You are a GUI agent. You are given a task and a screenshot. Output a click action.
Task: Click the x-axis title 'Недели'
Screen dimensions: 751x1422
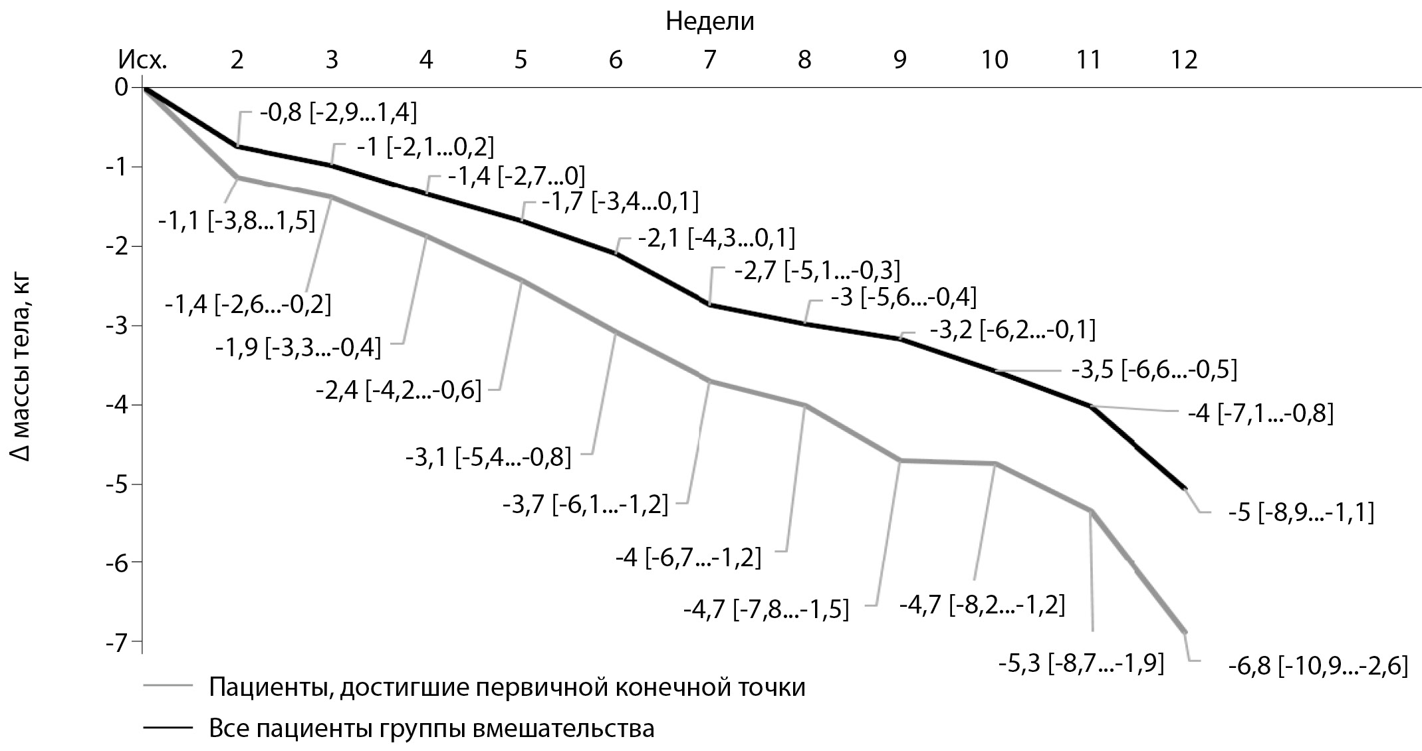pyautogui.click(x=710, y=22)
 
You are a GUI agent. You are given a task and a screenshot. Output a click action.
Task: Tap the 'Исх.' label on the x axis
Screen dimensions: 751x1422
pyautogui.click(x=142, y=60)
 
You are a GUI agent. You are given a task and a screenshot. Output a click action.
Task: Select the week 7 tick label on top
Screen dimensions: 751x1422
pyautogui.click(x=710, y=60)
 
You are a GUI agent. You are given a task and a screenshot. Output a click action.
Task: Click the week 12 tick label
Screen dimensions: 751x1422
pyautogui.click(x=1184, y=60)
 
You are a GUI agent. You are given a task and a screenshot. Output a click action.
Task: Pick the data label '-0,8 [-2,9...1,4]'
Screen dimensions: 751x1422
pyautogui.click(x=338, y=113)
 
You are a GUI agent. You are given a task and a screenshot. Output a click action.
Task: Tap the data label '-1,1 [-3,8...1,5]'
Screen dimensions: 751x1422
pyautogui.click(x=237, y=221)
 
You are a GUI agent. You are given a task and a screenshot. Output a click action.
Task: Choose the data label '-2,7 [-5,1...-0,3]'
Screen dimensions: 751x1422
pyautogui.click(x=817, y=270)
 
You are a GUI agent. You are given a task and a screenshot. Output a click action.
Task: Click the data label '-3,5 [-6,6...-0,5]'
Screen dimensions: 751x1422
pyautogui.click(x=1154, y=370)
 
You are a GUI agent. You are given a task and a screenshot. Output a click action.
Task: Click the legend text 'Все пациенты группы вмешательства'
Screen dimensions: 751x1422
pyautogui.click(x=431, y=728)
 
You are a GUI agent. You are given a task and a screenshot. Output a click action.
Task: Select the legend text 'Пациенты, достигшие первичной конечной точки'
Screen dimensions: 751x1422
pyautogui.click(x=507, y=687)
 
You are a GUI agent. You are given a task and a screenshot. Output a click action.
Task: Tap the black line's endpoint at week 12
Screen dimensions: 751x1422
pyautogui.click(x=1185, y=488)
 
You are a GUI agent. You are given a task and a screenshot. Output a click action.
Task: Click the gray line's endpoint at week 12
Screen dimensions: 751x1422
pyautogui.click(x=1185, y=632)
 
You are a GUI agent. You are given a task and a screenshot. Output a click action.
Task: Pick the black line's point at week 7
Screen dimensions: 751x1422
pyautogui.click(x=710, y=304)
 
